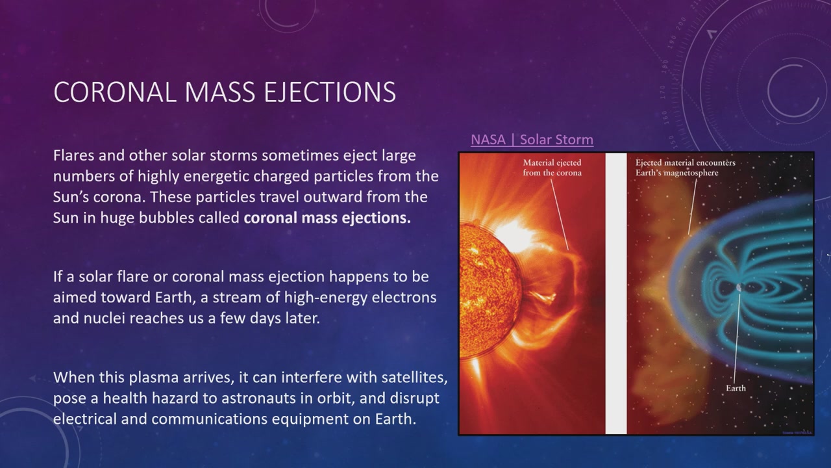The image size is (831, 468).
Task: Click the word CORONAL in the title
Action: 115,92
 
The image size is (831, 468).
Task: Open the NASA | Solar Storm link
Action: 532,140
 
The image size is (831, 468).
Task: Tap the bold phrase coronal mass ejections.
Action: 327,218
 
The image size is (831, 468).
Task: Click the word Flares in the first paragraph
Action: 73,155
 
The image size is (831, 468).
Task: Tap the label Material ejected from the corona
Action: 552,168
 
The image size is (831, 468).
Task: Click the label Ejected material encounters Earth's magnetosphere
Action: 685,168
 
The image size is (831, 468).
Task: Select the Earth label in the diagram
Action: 736,388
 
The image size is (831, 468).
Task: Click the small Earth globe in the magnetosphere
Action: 739,287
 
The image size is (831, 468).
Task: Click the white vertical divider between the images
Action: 616,293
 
